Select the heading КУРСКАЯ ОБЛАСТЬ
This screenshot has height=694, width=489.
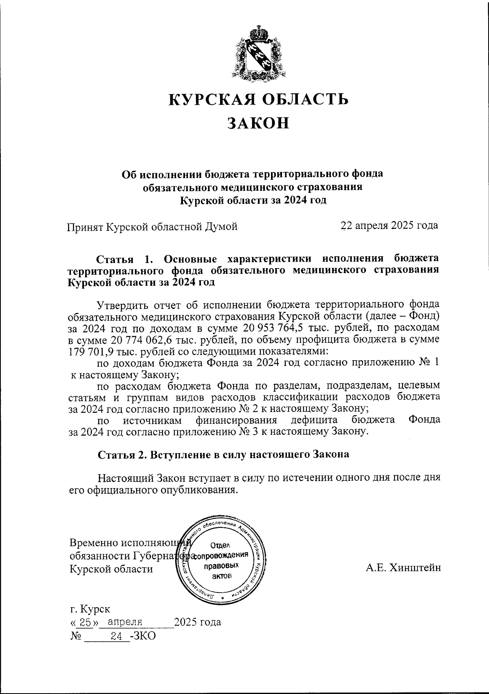(259, 99)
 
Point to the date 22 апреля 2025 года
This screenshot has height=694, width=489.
(389, 225)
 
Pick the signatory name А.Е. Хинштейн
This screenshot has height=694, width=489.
(403, 568)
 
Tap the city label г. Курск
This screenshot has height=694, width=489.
(90, 609)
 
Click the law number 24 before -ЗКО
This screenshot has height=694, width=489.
(117, 636)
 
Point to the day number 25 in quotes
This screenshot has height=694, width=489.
(85, 622)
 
